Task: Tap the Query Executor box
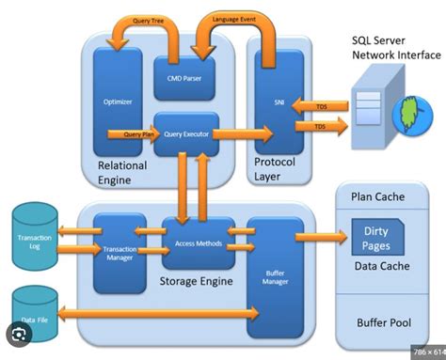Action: (185, 133)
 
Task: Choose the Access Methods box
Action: (197, 243)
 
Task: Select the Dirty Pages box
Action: (376, 236)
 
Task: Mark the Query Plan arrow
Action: (132, 133)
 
